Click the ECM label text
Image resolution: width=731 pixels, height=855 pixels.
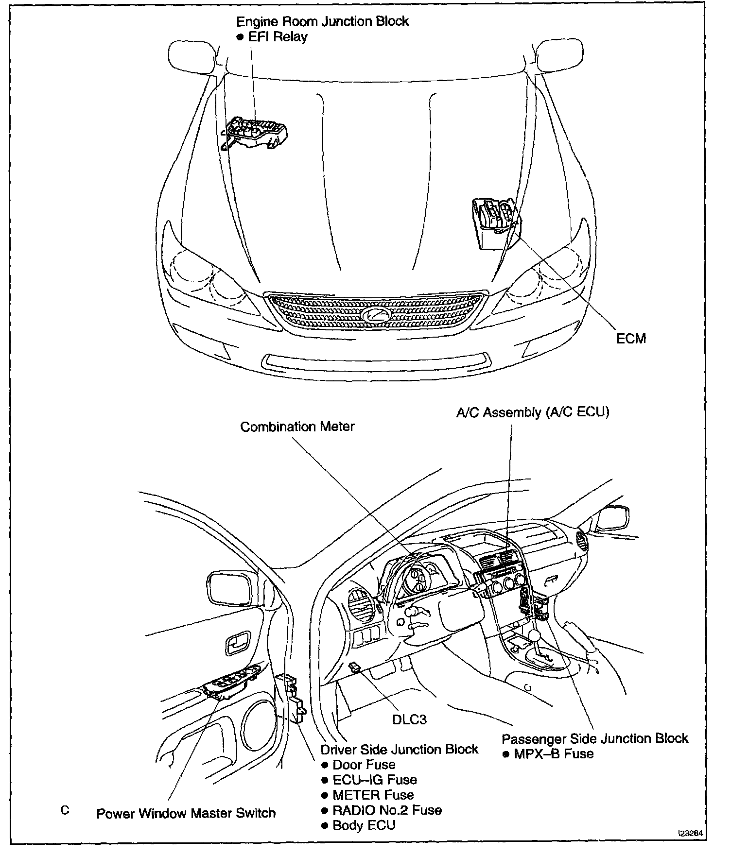pos(631,339)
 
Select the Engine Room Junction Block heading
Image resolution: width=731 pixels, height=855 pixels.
pos(322,21)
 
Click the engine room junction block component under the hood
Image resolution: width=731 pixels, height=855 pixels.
pos(255,132)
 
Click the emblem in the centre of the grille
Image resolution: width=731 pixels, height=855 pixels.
pos(376,313)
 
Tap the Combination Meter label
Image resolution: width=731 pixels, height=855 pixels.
pos(297,427)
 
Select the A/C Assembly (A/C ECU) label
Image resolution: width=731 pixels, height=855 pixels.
pos(533,412)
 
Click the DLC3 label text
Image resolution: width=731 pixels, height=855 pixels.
pos(409,719)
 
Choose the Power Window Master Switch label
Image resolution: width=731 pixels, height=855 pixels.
pos(186,813)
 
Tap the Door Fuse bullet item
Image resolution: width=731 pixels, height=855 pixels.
pos(364,765)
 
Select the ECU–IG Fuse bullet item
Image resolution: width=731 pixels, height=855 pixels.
pos(375,780)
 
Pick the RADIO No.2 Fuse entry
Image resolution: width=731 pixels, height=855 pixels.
pos(387,810)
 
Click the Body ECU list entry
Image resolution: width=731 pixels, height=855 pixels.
pos(364,825)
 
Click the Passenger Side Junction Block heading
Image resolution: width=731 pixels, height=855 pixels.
pos(595,738)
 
